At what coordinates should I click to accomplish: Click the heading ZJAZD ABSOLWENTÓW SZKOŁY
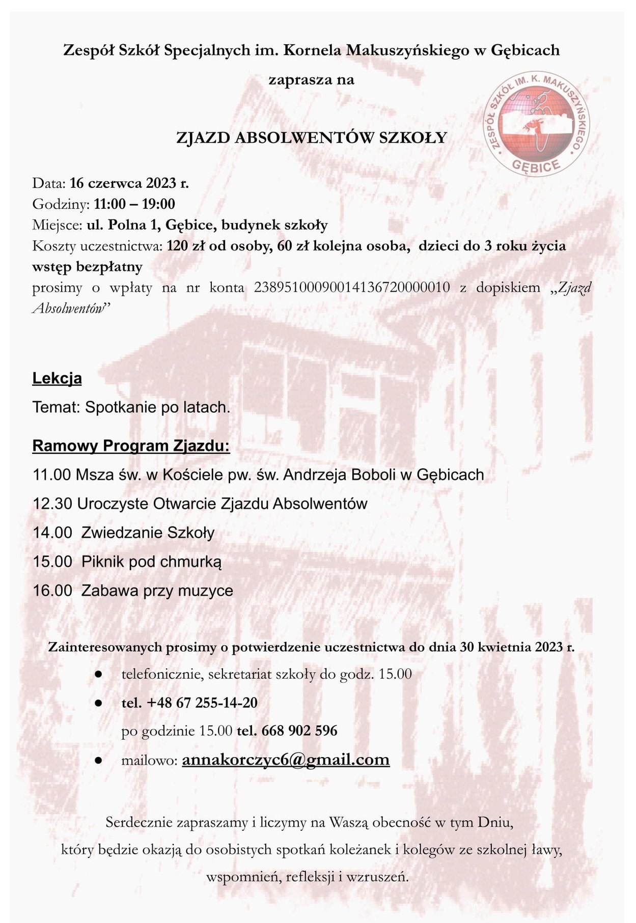coord(311,137)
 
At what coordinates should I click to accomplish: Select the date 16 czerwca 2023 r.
coord(129,183)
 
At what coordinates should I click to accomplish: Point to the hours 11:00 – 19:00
coord(134,204)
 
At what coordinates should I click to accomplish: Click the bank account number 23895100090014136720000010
coord(352,288)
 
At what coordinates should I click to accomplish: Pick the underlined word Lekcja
coord(57,379)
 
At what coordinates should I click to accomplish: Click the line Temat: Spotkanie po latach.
coord(131,407)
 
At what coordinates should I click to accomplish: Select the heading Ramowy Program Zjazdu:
coord(131,446)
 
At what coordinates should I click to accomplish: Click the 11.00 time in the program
coord(51,475)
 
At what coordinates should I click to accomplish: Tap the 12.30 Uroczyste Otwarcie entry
coord(200,504)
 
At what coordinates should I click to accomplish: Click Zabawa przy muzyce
coord(157,591)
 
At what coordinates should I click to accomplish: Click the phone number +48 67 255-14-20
coord(202,703)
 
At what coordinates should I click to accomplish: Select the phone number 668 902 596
coord(299,731)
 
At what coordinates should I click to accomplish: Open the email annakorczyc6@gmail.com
coord(286,760)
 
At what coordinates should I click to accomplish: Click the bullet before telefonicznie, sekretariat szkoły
coord(99,675)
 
